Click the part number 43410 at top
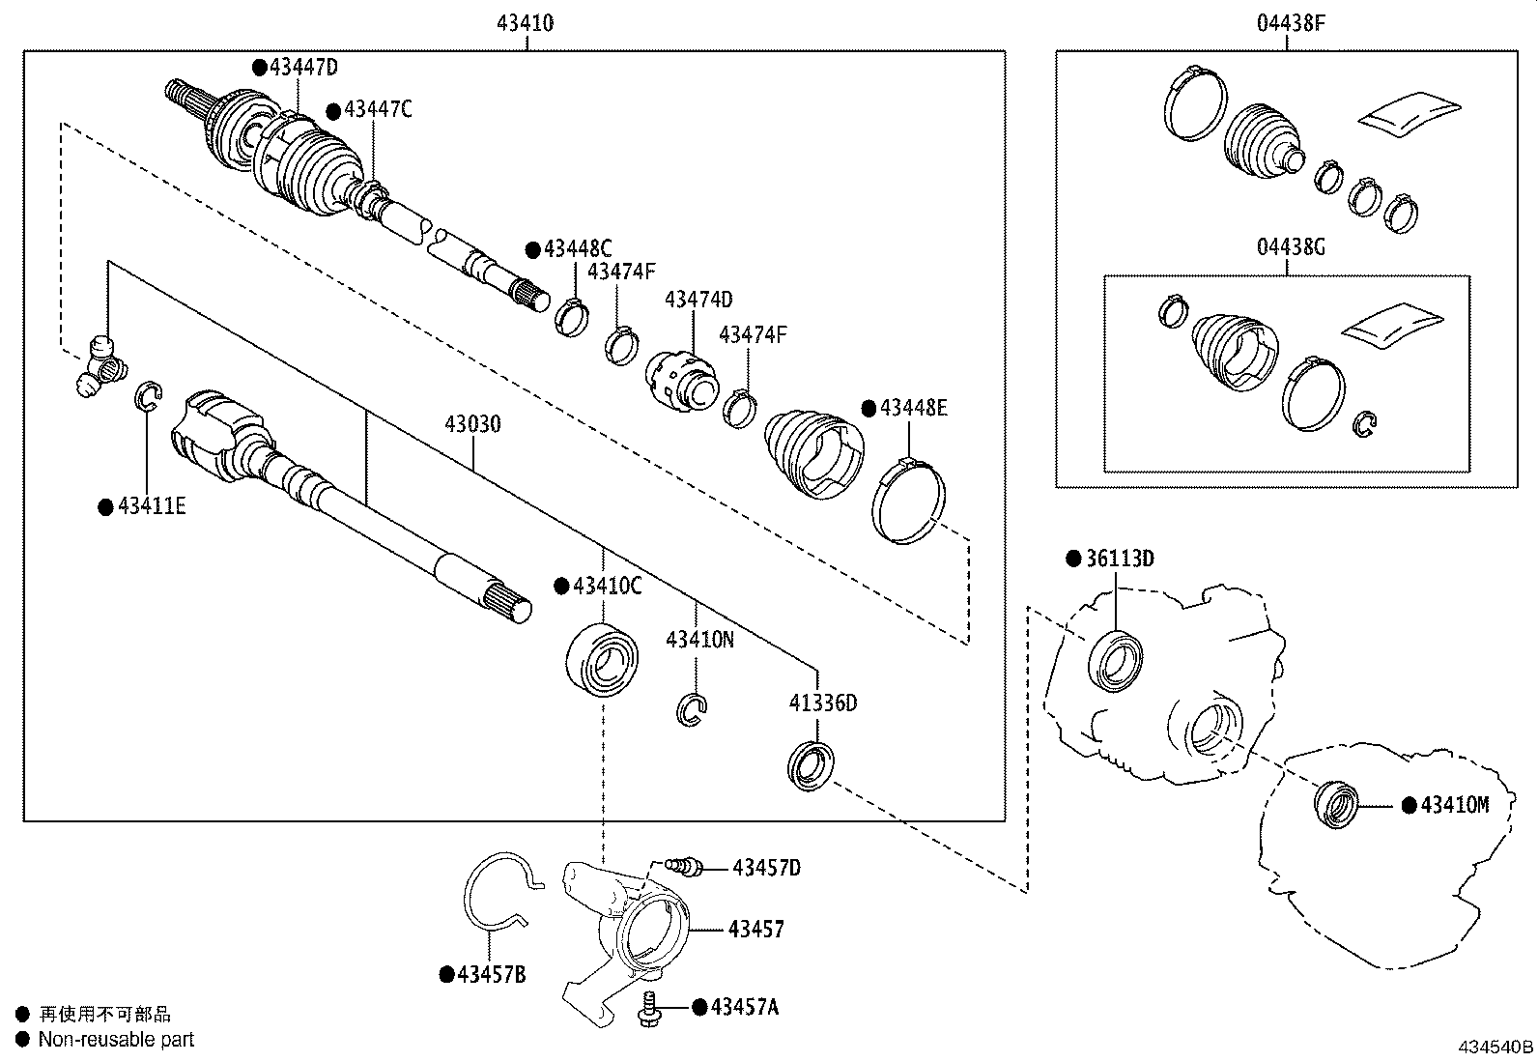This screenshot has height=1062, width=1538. pyautogui.click(x=525, y=22)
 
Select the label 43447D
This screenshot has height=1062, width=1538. pyautogui.click(x=303, y=67)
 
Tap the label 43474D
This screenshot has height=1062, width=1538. pyautogui.click(x=698, y=300)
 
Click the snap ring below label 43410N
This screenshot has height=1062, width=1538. pyautogui.click(x=692, y=710)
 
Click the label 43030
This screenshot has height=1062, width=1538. pyautogui.click(x=472, y=424)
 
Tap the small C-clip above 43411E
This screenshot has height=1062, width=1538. pyautogui.click(x=147, y=396)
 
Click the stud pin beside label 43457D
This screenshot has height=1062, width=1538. pyautogui.click(x=686, y=867)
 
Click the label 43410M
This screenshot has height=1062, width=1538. pyautogui.click(x=1454, y=804)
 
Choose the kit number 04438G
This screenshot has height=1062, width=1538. pyautogui.click(x=1290, y=247)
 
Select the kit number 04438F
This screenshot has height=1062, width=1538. pyautogui.click(x=1290, y=22)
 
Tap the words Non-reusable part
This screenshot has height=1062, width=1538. pyautogui.click(x=116, y=1040)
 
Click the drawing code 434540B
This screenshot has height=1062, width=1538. pyautogui.click(x=1495, y=1047)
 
